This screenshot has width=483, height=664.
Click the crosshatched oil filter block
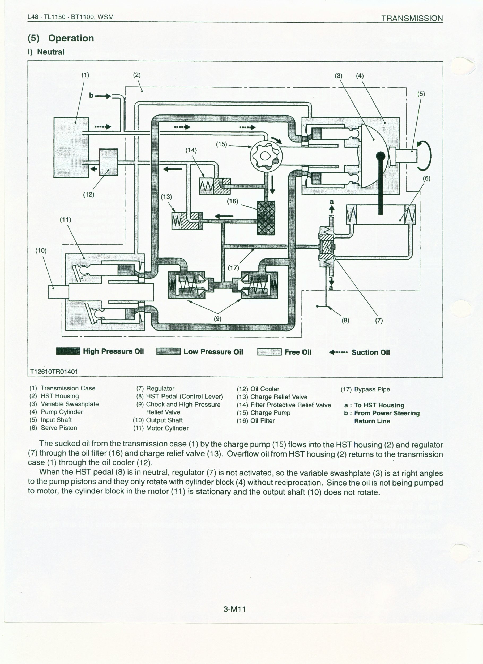pos(266,218)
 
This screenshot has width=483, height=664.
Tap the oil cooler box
pos(108,162)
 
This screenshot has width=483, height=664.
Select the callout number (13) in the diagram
pos(166,197)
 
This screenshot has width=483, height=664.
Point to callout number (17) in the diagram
pos(233,267)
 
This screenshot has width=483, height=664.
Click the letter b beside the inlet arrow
pos(91,95)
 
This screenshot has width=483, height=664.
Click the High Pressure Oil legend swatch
pos(68,351)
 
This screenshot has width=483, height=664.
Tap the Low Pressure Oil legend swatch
pos(168,352)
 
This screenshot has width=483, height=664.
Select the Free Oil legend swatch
pos(269,352)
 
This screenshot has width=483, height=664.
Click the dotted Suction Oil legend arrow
pos(338,352)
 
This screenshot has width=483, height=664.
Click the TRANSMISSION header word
pos(412,18)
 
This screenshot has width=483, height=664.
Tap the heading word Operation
pos(71,38)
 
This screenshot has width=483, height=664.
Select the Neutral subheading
pos(51,52)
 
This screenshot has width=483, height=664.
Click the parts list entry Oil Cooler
pos(265,389)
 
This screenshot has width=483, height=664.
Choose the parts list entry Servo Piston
pos(59,428)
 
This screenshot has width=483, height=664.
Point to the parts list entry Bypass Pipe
pos(372,389)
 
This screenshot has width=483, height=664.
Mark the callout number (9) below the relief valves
pos(217,318)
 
